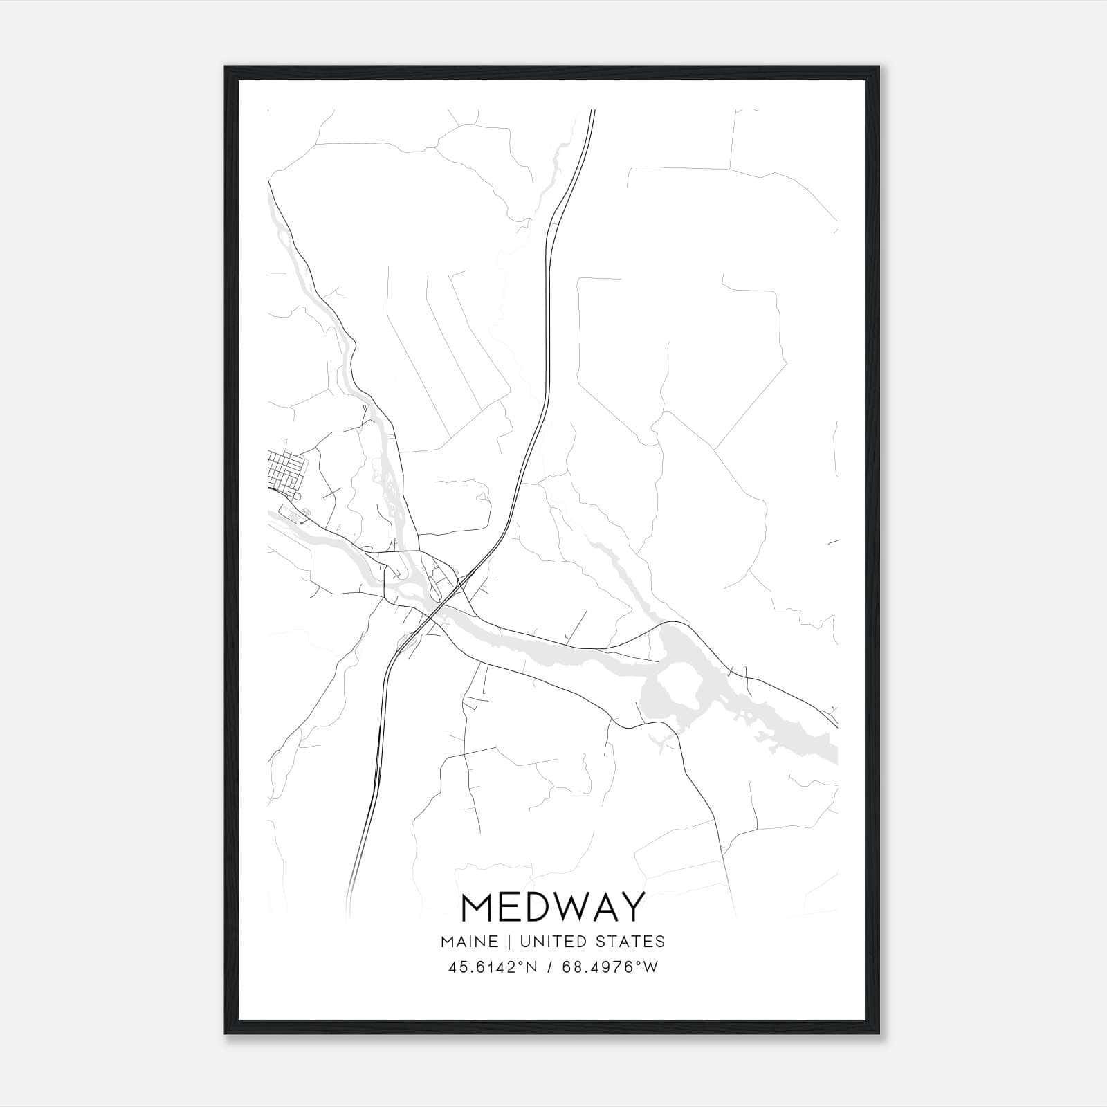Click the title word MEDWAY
click(552, 907)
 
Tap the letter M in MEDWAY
click(477, 907)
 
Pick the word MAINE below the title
click(468, 941)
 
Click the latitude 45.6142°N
click(492, 967)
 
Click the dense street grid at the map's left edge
click(284, 468)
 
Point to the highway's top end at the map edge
click(593, 111)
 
